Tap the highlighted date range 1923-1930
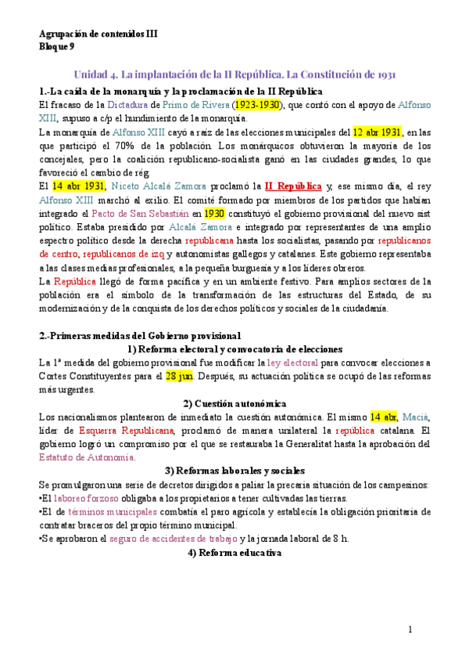tap(256, 104)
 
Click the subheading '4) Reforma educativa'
tap(234, 553)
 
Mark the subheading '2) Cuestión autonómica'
tap(234, 403)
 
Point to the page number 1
tap(409, 630)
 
